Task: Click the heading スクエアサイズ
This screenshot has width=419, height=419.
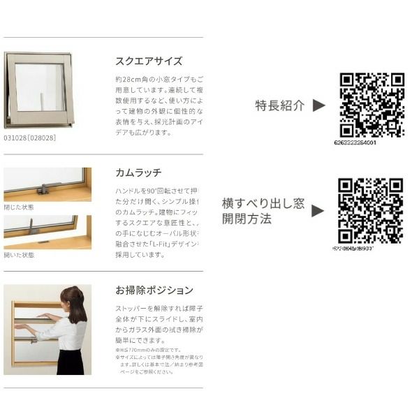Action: point(149,61)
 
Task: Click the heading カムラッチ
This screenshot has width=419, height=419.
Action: point(138,171)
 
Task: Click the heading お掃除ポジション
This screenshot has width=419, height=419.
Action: point(154,289)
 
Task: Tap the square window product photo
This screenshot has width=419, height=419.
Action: point(39,89)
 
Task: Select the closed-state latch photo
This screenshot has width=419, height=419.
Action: point(47,184)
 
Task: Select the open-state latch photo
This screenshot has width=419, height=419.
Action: point(47,232)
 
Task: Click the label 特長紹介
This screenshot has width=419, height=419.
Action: point(280,105)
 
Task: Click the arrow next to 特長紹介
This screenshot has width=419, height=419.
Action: point(318,105)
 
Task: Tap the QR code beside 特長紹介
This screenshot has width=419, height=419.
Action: point(372,105)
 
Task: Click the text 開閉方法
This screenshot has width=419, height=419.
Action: point(247,219)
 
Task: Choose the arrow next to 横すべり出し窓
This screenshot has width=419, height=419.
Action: point(318,210)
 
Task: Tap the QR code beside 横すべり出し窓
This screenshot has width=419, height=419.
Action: point(370,210)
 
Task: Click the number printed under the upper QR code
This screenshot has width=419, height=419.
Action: point(370,142)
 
